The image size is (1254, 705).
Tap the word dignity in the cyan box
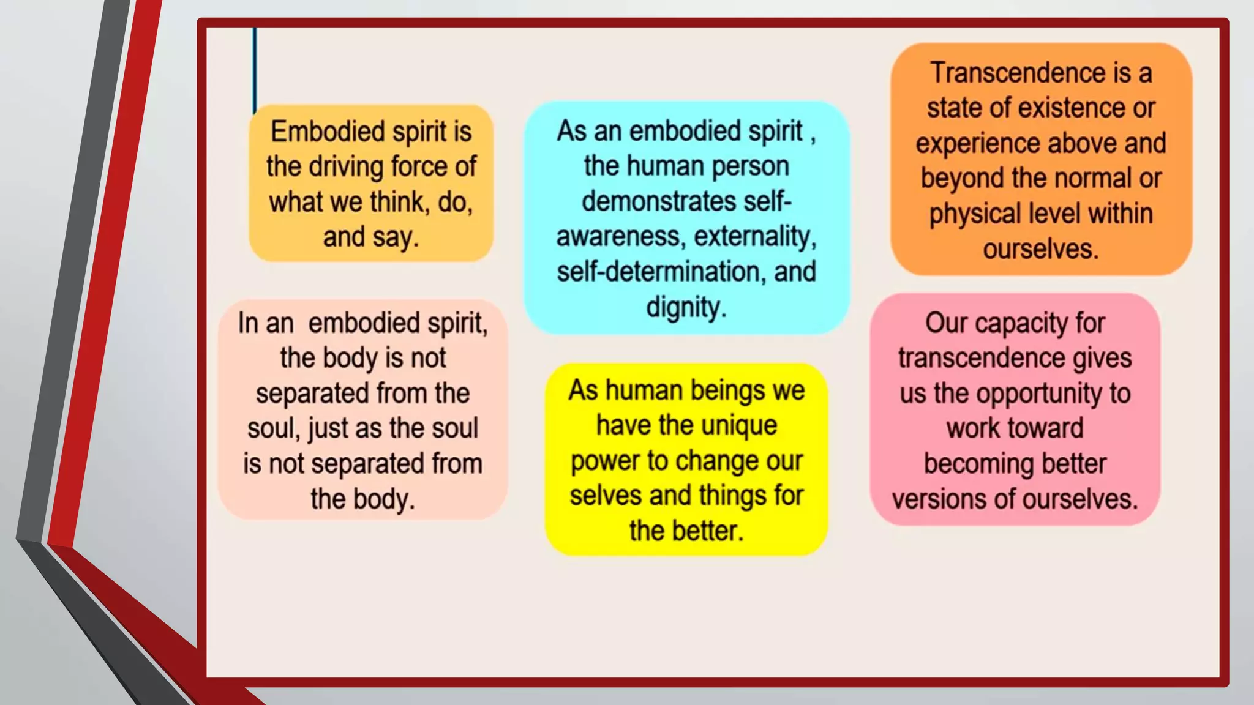pyautogui.click(x=686, y=307)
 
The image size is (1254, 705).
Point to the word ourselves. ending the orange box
pyautogui.click(x=1040, y=249)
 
